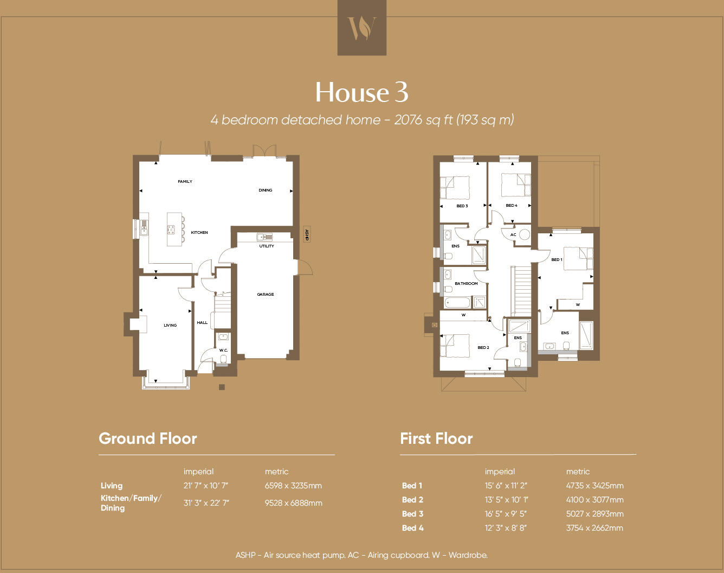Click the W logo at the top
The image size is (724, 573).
[x=361, y=28]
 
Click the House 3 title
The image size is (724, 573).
[x=361, y=92]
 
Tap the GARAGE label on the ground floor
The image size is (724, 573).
[x=266, y=295]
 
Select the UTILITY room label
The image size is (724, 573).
[x=267, y=246]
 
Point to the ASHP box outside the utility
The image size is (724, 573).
[x=307, y=234]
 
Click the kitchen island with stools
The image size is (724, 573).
[x=174, y=230]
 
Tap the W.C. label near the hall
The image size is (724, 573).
[x=223, y=351]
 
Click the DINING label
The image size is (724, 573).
[x=266, y=190]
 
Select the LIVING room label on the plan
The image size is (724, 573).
[x=170, y=326]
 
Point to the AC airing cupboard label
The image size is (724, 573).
[x=513, y=235]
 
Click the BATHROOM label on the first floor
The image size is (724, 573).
[x=466, y=284]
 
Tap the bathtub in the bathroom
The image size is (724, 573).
[x=458, y=302]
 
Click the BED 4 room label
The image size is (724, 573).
[x=512, y=206]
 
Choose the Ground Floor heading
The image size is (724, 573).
[x=148, y=438]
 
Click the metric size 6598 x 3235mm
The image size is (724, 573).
[x=293, y=486]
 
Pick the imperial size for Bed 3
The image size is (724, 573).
[x=506, y=514]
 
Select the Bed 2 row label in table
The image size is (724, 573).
[x=412, y=500]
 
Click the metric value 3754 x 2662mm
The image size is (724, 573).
[x=594, y=528]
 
